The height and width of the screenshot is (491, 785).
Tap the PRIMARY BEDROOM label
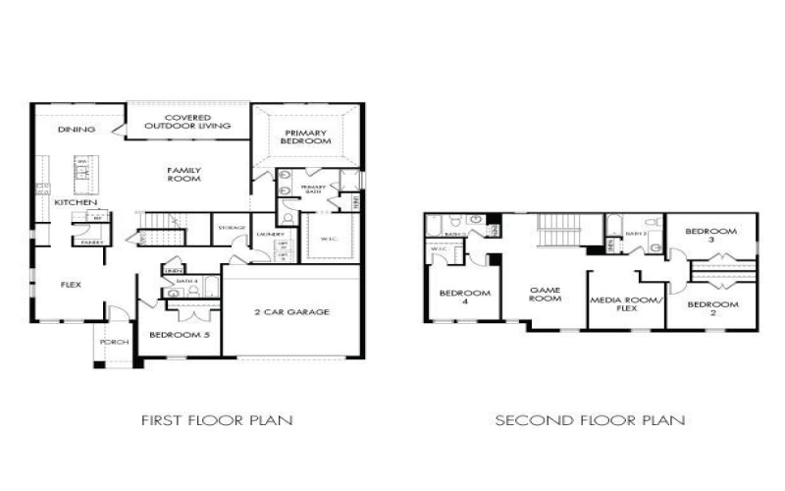pos(305,138)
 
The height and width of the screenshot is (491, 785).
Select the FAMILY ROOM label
pos(183,175)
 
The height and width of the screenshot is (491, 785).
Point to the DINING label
pos(76,130)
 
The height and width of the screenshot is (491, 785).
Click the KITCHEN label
pos(76,202)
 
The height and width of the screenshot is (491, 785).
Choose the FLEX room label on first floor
pos(71,285)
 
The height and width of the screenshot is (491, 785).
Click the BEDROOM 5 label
pos(180,335)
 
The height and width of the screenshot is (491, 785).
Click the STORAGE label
pos(232,228)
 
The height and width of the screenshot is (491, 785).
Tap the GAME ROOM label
pos(545,294)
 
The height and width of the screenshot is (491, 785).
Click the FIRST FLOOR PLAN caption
pos(218,420)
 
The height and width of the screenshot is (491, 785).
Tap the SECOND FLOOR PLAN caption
pos(590,420)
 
